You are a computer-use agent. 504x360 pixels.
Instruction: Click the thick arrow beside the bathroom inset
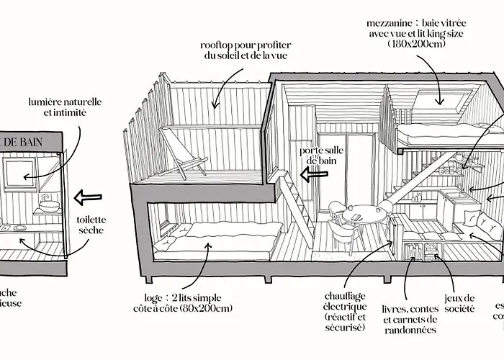[x=88, y=196]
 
